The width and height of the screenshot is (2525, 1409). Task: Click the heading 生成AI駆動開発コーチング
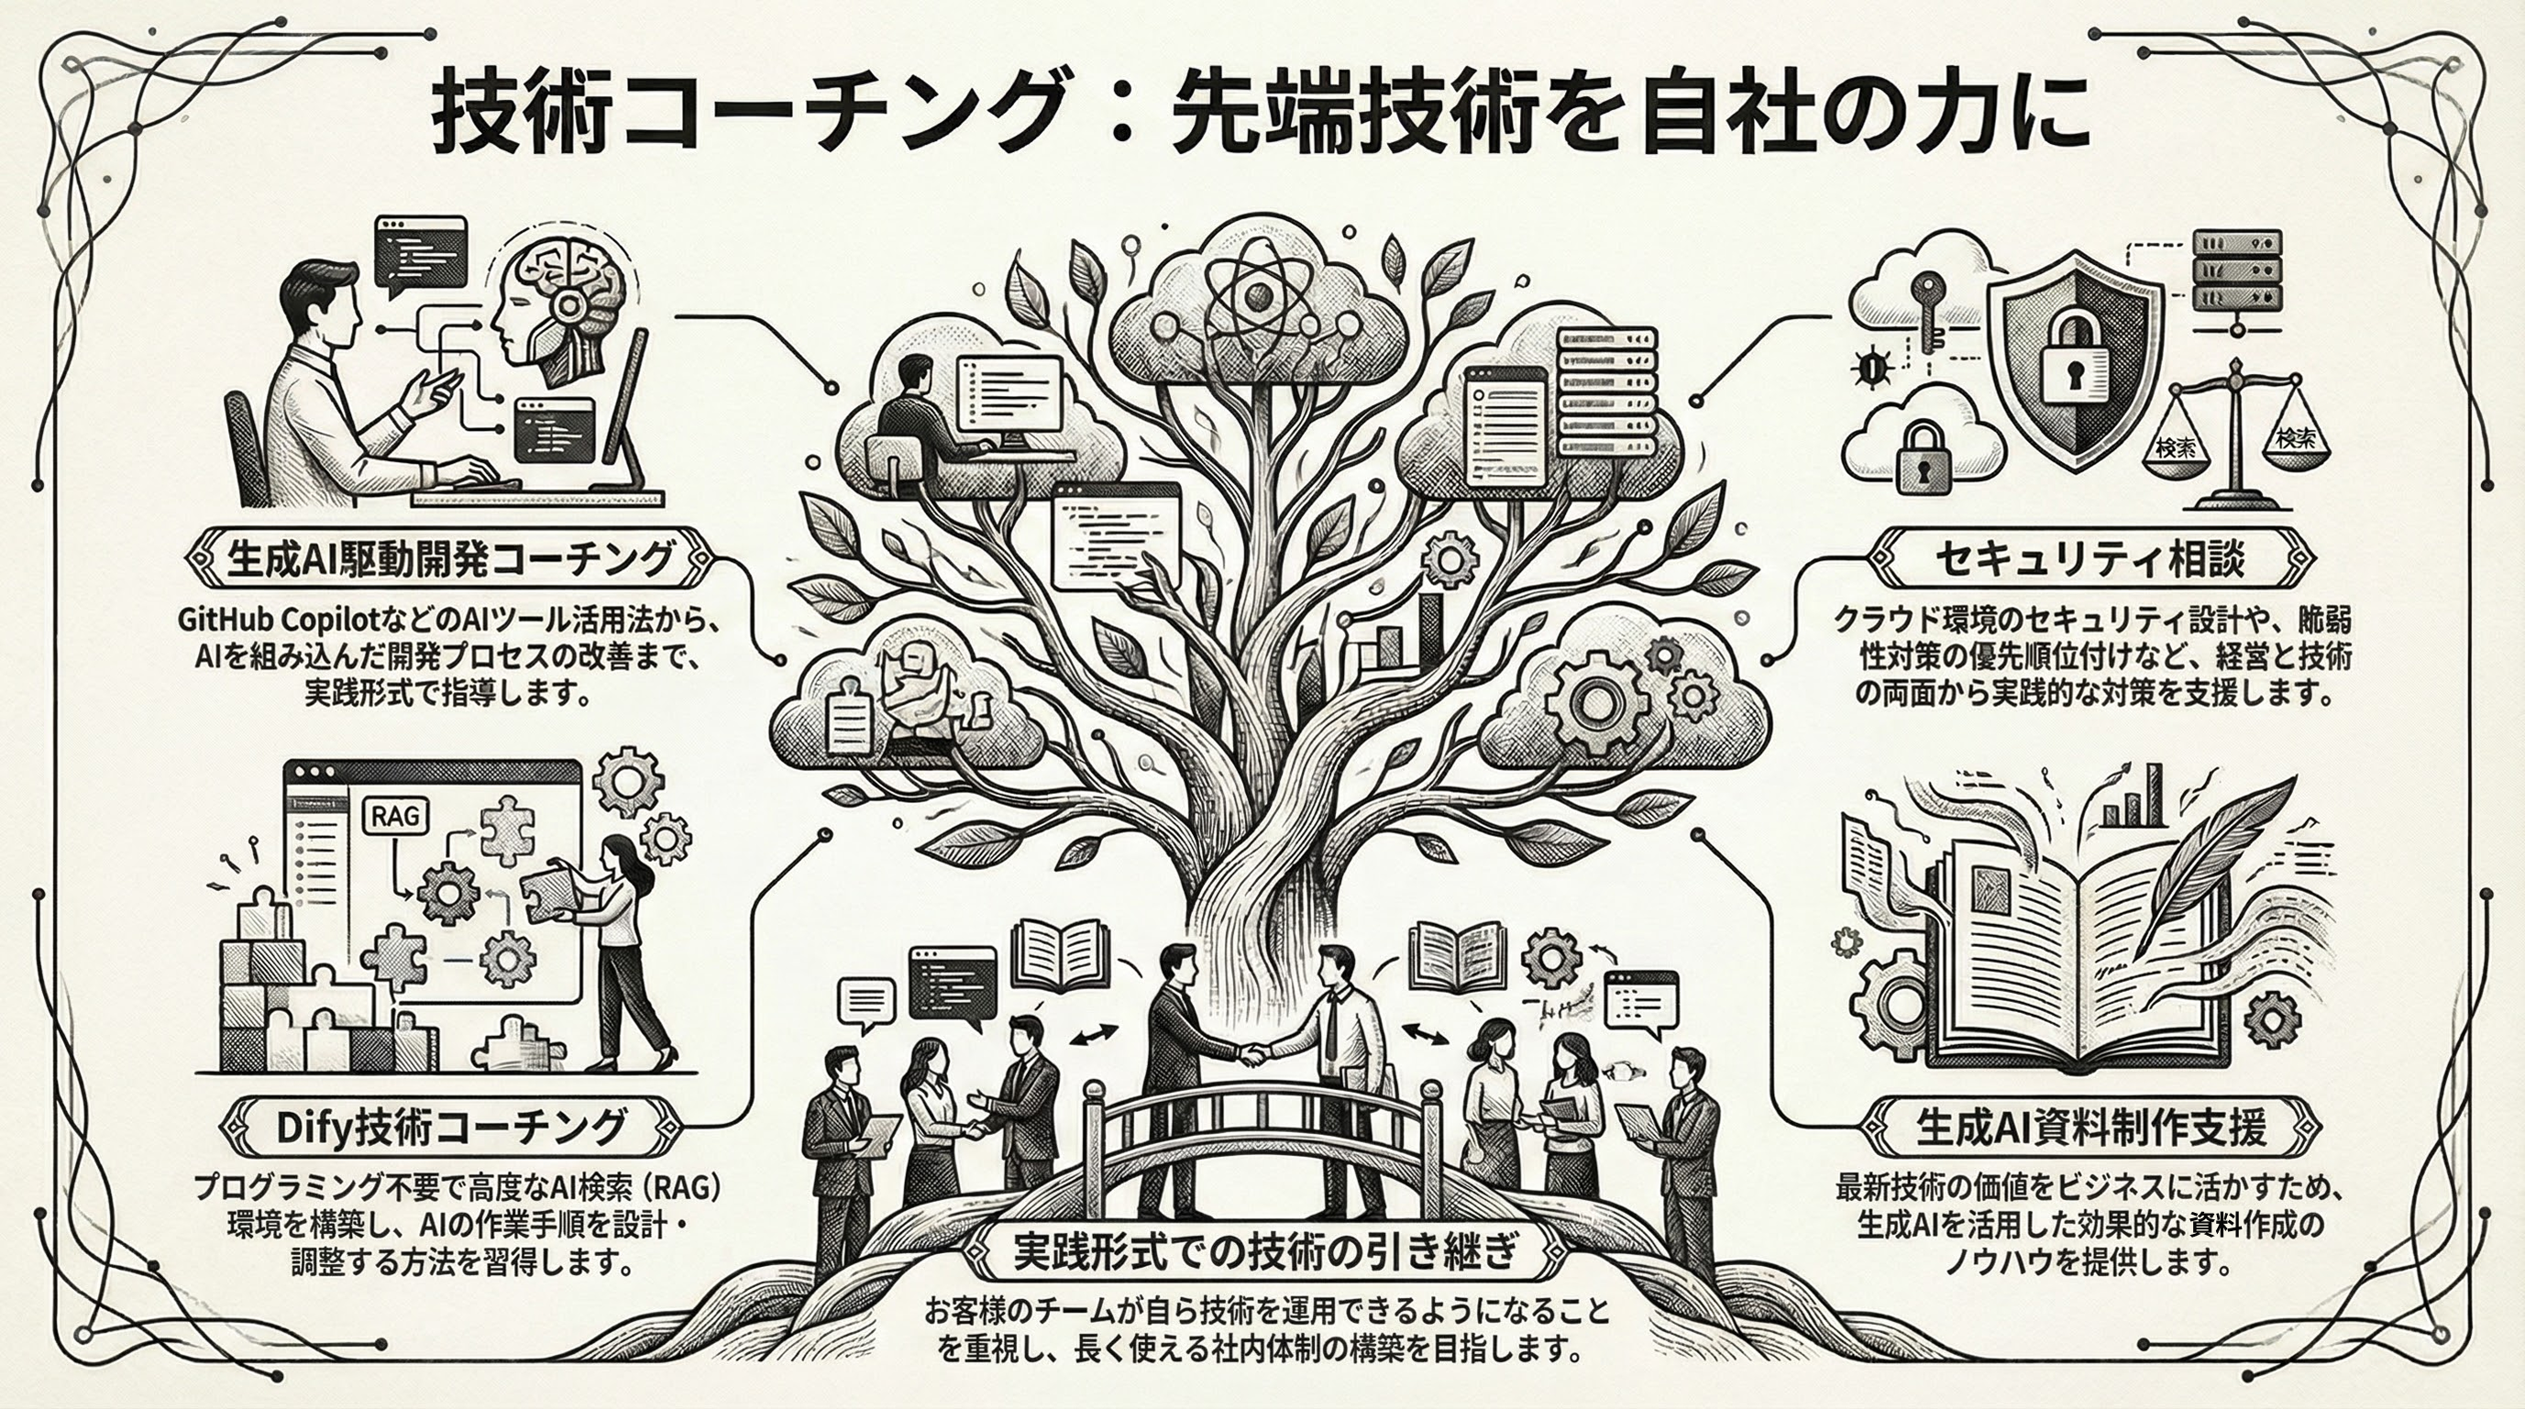coord(449,558)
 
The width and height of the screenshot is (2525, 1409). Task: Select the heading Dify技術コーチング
coord(450,1128)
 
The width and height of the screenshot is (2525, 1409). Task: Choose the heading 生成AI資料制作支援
coord(2090,1128)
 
